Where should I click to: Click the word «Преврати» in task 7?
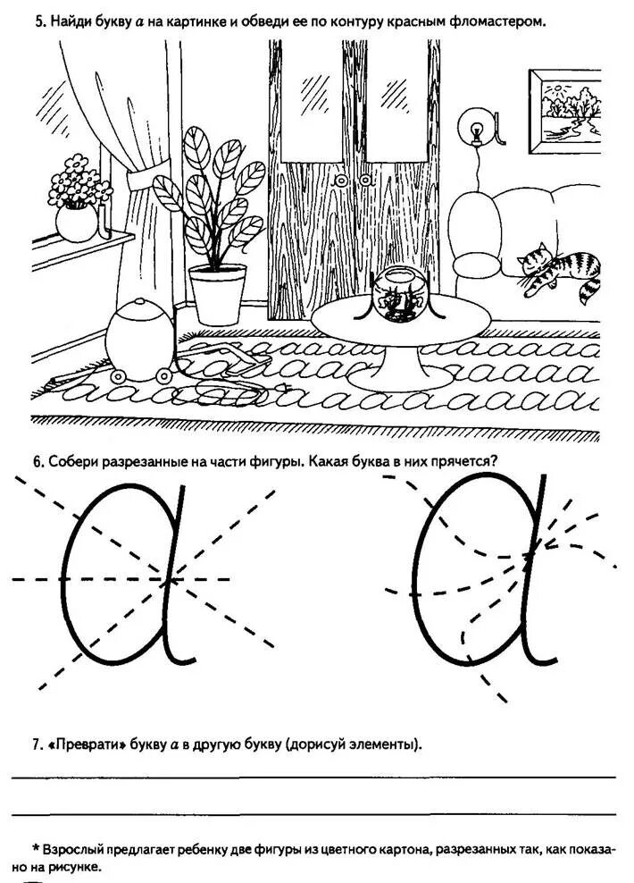88,744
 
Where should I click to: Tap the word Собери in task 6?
77,462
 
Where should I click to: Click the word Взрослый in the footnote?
80,847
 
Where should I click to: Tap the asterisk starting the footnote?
35,847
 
